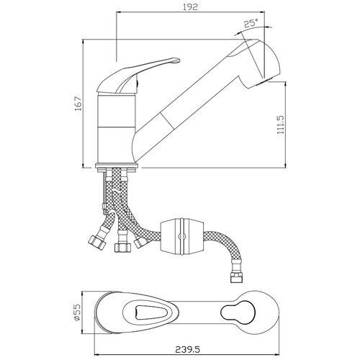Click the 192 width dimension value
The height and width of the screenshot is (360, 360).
pos(190,6)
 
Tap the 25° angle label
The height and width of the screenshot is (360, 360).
pos(251,23)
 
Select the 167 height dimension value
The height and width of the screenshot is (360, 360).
pos(78,104)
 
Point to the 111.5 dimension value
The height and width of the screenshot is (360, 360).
pos(280,125)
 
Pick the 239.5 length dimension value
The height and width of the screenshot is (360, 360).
pos(187,349)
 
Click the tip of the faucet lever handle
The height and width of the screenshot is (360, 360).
pos(178,60)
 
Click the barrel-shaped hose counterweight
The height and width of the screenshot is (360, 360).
pos(182,236)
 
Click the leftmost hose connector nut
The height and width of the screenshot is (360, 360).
pos(97,243)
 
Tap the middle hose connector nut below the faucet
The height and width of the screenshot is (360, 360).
pos(123,248)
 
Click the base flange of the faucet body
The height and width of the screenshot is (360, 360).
pos(117,166)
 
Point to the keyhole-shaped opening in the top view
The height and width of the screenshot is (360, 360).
pos(238,312)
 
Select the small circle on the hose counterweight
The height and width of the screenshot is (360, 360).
pos(182,236)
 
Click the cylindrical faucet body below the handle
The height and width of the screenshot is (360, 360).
pos(117,128)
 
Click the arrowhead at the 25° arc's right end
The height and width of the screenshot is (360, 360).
pos(270,27)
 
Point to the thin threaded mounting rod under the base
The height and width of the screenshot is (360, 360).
pos(104,193)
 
